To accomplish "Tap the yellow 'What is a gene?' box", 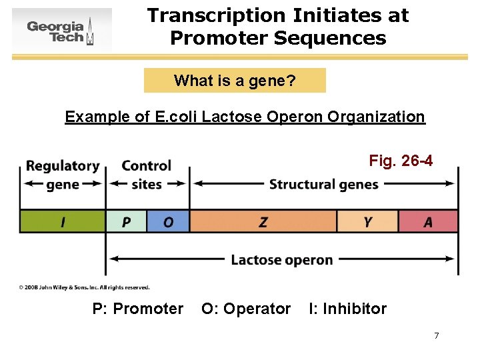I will pos(235,81).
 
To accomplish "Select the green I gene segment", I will pos(62,221).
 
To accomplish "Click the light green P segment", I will pos(126,221).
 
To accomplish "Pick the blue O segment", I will pos(168,221).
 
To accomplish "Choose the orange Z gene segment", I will pos(263,221).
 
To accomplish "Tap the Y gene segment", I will pos(367,221).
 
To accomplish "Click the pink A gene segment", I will pos(428,221).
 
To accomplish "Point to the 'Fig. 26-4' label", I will pos(401,161).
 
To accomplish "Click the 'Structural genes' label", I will pos(323,185).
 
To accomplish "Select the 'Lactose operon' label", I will pos(281,260).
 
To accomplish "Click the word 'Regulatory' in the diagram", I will pos(63,166).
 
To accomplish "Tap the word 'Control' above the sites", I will pos(147,166).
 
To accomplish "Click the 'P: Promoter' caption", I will pos(137,309).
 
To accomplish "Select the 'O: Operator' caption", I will pos(246,309).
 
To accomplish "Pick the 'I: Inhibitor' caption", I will pos(347,309).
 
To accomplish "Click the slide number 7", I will pos(436,335).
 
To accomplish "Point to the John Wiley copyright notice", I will pos(84,287).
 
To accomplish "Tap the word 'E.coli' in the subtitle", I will pos(176,117).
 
